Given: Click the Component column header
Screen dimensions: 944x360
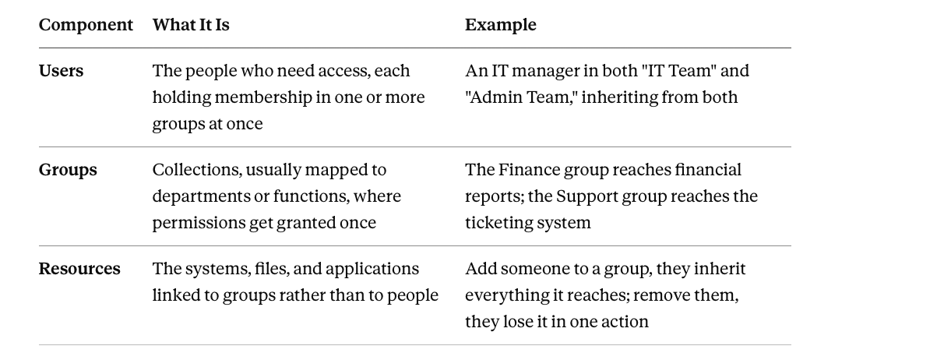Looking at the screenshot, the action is [x=86, y=25].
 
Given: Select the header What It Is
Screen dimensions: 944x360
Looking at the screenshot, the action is [x=191, y=25].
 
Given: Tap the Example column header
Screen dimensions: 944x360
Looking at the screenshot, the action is [x=501, y=25].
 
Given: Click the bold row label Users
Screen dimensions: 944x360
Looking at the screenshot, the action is [x=61, y=71].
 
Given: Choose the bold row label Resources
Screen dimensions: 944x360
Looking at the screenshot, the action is [x=79, y=269].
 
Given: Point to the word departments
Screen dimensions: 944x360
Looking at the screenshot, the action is [x=201, y=197].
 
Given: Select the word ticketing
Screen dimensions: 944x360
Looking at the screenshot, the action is [x=494, y=224].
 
